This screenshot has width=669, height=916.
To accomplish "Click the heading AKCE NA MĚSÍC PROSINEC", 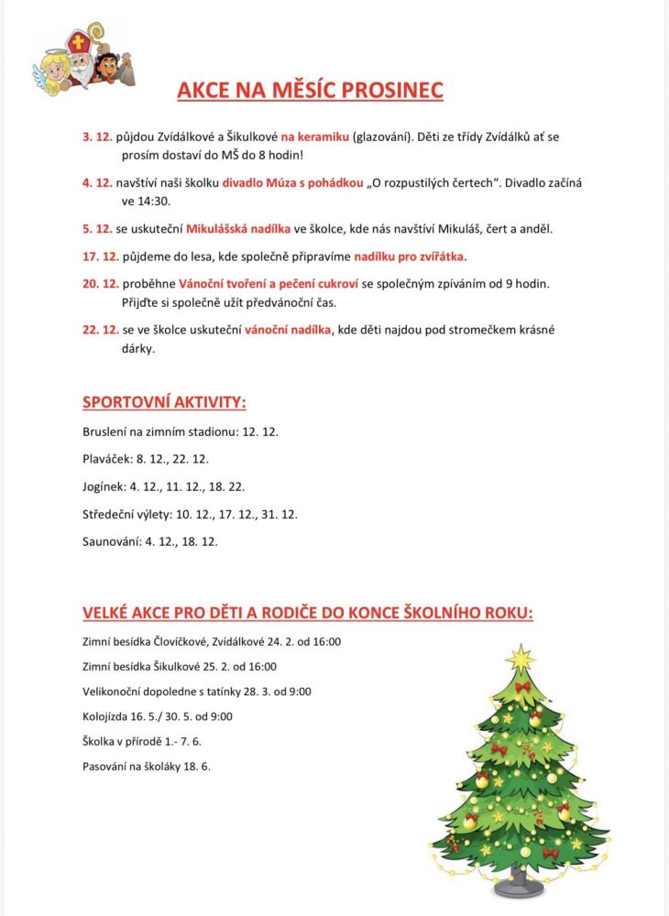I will [310, 89].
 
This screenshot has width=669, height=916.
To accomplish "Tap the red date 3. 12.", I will [97, 136].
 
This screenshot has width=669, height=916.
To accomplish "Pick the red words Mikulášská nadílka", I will [237, 228].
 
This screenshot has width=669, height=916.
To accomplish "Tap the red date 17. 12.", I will [101, 256].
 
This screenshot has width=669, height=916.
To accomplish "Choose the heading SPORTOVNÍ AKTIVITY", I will [164, 402].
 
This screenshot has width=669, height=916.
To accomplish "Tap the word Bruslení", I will [106, 431].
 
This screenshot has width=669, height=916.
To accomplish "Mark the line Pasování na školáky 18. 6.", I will [147, 766].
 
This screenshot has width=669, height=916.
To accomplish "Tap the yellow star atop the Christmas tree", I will [521, 657].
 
